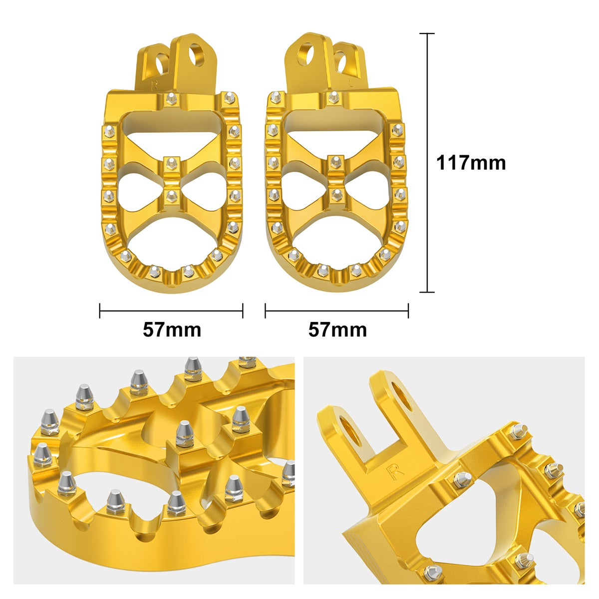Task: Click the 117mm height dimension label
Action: click(x=471, y=163)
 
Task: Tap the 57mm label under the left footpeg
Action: click(x=172, y=329)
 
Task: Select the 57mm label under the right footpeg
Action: click(x=337, y=329)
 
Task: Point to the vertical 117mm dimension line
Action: click(x=427, y=163)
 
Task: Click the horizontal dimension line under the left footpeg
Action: click(x=171, y=310)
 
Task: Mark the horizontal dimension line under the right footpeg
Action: click(x=337, y=310)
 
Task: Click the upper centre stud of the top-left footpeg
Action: click(x=172, y=162)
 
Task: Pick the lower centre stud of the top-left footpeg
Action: click(x=172, y=195)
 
